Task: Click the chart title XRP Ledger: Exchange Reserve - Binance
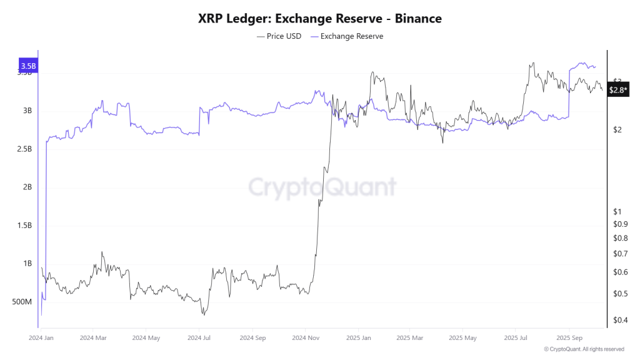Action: coord(320,19)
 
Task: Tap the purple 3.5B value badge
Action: coord(28,66)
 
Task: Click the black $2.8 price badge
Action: coord(618,91)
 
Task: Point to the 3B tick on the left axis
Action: coord(27,111)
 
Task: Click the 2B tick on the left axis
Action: coord(27,187)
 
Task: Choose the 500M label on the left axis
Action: coord(22,302)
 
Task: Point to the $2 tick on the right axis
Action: coord(617,130)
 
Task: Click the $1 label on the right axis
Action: coord(617,211)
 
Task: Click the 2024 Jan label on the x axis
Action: coord(41,337)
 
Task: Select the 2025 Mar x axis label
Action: coord(409,337)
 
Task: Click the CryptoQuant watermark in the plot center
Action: coord(322,187)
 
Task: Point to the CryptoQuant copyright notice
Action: coord(584,349)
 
